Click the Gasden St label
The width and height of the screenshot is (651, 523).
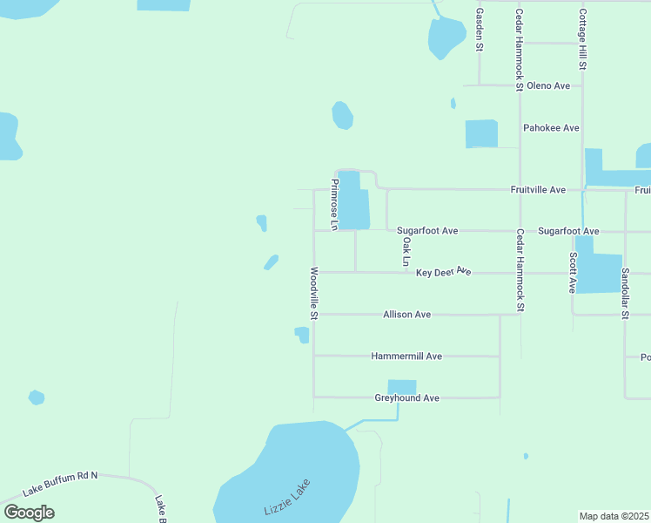479,30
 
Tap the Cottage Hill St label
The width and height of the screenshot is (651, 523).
583,40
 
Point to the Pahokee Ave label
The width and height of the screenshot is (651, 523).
551,128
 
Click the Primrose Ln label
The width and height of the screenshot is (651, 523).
334,205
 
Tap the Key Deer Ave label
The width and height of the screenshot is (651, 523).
443,273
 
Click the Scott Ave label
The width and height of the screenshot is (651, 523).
573,272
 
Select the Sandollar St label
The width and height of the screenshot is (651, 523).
625,293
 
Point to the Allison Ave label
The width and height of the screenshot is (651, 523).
406,315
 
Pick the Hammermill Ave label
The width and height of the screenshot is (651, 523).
406,357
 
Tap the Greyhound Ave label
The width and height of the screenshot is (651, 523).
406,398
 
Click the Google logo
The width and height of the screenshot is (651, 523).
29,512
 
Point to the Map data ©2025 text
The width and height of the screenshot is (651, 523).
614,516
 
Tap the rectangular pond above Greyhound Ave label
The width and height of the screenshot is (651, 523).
401,386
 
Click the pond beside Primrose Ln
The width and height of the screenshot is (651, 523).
353,200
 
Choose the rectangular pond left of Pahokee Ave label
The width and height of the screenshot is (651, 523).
481,133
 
